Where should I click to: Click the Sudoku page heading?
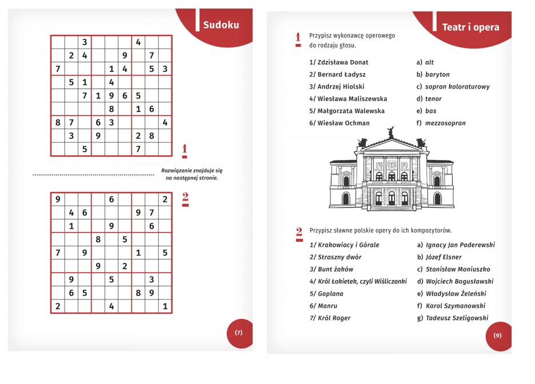pos(221,25)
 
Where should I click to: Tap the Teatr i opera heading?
pos(470,27)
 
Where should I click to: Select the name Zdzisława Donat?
pos(339,62)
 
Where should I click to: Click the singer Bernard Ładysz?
pos(337,74)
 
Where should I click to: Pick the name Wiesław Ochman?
pos(340,123)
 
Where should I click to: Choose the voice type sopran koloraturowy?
pos(457,87)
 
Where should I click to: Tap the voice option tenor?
pos(433,99)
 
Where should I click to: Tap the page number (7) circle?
pos(239,333)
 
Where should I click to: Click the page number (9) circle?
pos(497,335)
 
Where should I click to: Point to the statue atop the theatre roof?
pos(391,133)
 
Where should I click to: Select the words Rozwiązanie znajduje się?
pos(192,170)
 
